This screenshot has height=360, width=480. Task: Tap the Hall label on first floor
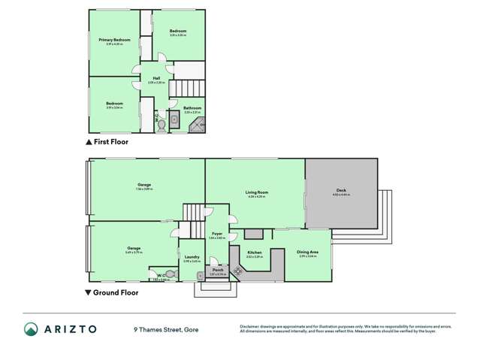click(156, 78)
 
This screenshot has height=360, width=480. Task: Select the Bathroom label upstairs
click(192, 108)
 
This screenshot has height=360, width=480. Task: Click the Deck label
click(341, 192)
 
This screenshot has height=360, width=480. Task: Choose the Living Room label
click(257, 192)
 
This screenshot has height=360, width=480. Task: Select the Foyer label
click(217, 234)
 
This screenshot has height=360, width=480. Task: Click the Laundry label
click(191, 257)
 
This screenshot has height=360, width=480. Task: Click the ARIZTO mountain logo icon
click(31, 328)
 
